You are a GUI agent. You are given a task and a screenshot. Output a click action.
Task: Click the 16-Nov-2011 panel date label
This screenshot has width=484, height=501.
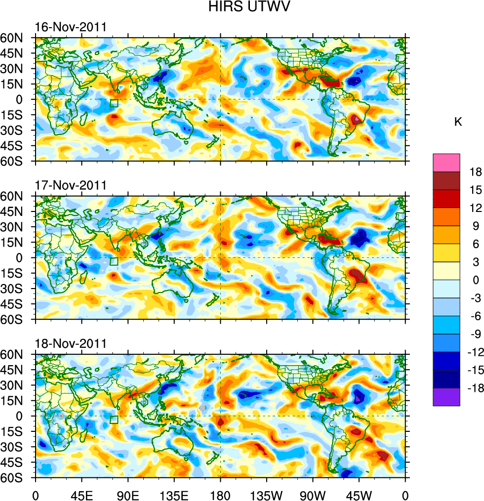point(71,27)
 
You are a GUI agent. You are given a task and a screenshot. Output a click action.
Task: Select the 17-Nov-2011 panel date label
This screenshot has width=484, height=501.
point(71,186)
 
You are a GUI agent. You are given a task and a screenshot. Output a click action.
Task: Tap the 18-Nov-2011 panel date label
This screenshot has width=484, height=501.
point(71,344)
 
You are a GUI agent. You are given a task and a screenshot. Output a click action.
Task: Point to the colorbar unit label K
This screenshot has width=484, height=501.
point(458,122)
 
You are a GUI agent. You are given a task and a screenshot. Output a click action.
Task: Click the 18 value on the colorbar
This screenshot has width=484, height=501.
point(476,172)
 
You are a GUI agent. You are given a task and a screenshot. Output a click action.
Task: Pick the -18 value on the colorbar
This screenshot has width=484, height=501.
point(474,388)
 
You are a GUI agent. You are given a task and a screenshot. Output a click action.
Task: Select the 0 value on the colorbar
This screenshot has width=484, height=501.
point(476,281)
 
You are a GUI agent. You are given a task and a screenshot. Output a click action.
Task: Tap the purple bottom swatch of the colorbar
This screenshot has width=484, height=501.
point(446,397)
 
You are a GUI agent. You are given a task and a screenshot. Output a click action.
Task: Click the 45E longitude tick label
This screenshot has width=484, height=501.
point(81,495)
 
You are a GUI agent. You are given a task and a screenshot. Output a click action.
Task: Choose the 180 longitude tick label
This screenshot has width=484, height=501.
point(220,495)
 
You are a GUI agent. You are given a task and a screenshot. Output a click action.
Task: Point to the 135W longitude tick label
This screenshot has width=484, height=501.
point(266,495)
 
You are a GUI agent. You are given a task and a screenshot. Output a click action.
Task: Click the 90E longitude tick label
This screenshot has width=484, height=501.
point(128,495)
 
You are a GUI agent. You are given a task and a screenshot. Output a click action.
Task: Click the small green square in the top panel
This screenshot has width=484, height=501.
point(114,103)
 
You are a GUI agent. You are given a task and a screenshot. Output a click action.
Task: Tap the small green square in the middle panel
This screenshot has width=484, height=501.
point(114,262)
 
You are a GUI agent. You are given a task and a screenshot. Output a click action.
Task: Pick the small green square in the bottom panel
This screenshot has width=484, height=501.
point(114,420)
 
